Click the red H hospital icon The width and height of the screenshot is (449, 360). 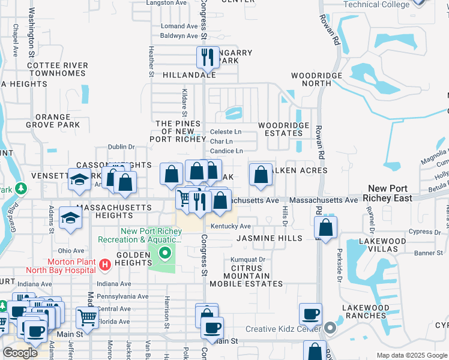tap(105, 264)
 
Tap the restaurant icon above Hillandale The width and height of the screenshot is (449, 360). tap(206, 58)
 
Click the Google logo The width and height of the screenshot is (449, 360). tap(20, 352)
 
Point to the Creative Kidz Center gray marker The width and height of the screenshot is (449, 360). tap(330, 329)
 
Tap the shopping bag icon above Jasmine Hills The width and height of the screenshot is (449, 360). tap(325, 228)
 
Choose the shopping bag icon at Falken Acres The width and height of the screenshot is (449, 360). tap(261, 175)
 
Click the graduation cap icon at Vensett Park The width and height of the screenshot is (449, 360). tap(79, 180)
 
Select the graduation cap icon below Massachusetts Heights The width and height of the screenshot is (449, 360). tap(70, 220)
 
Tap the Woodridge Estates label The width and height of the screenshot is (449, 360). tap(283, 129)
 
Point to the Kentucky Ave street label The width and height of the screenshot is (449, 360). tap(231, 226)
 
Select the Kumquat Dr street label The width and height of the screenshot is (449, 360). tap(248, 259)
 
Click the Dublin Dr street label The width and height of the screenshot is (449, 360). tap(121, 146)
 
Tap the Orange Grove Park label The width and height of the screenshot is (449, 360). tap(57, 121)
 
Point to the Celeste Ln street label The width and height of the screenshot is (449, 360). tap(226, 131)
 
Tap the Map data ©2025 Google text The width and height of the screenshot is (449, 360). tap(411, 355)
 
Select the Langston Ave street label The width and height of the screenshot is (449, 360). tap(167, 3)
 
